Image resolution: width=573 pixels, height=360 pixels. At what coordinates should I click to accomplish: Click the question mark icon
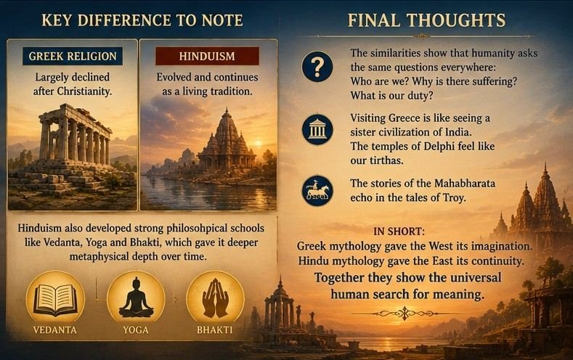(x=317, y=67)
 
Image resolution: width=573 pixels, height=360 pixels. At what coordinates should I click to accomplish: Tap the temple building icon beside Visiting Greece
(x=317, y=130)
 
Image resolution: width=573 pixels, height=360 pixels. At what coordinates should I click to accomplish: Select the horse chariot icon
(x=317, y=191)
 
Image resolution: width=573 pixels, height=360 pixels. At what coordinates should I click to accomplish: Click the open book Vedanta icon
(x=55, y=300)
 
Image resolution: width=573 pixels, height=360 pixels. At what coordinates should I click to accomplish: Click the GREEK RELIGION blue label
(x=73, y=56)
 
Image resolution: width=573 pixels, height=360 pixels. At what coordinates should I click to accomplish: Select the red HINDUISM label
(x=207, y=56)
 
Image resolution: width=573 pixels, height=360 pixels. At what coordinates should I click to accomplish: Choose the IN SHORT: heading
(x=399, y=232)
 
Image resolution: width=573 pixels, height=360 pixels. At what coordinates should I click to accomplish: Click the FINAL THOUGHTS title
(x=426, y=20)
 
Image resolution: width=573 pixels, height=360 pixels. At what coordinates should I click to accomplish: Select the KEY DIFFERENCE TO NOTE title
(x=142, y=20)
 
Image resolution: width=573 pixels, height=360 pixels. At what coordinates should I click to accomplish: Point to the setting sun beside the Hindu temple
(x=259, y=142)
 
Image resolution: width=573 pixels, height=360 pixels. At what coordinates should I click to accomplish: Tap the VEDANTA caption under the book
(x=55, y=330)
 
